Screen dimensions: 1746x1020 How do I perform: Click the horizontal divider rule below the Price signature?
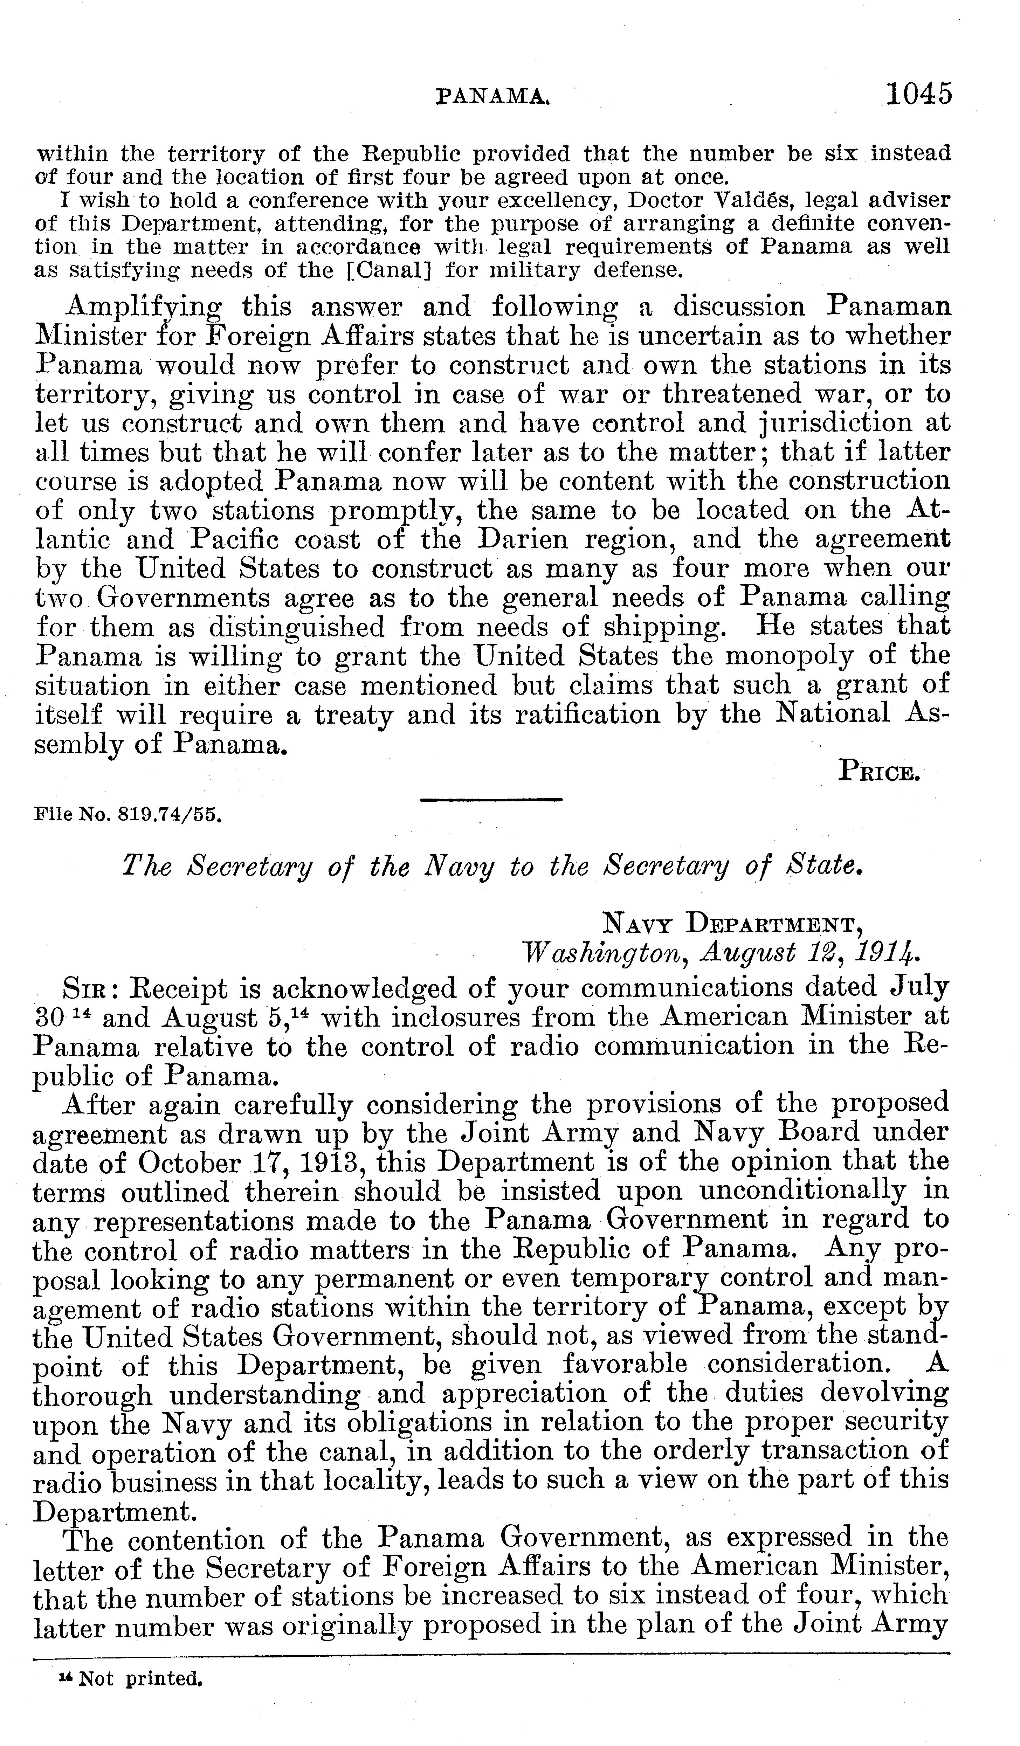tap(491, 800)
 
